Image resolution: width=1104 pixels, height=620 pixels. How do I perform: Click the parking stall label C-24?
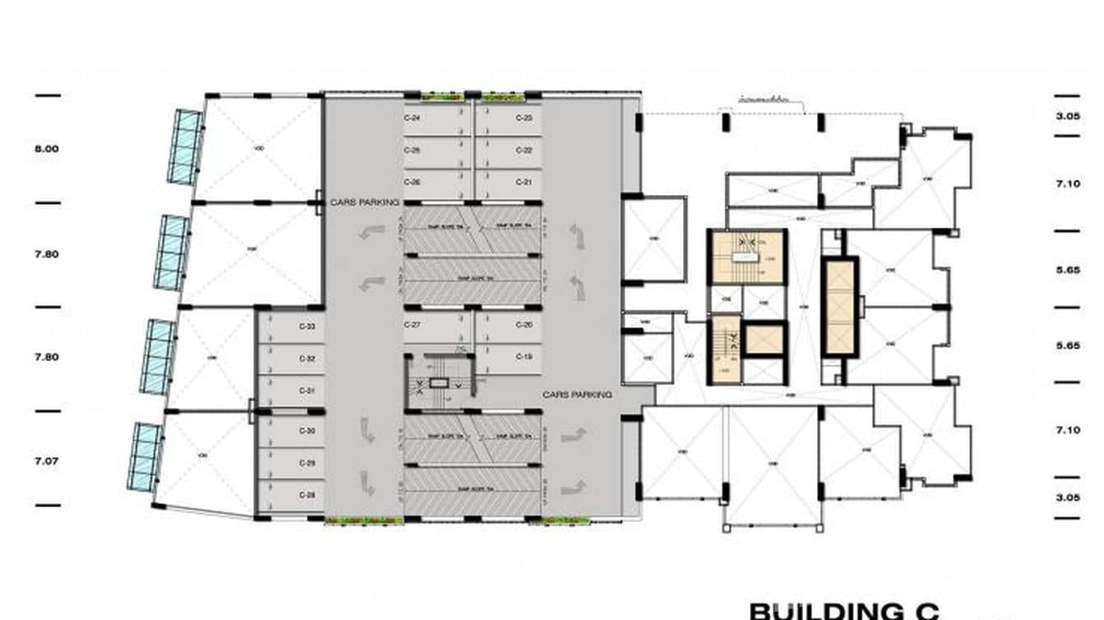tap(412, 118)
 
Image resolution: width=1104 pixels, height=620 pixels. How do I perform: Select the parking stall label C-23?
tap(524, 118)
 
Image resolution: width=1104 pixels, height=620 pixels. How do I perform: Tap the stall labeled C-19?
tap(524, 356)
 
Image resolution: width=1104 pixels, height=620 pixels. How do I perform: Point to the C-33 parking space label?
tap(307, 326)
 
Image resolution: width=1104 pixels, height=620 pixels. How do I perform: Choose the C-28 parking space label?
tap(307, 495)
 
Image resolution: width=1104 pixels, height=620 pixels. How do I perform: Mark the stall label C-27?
tap(412, 325)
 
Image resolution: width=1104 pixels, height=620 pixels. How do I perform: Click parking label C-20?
tap(524, 325)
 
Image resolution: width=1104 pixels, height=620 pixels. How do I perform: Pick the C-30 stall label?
tap(307, 431)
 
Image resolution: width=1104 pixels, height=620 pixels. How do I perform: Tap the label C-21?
tap(524, 182)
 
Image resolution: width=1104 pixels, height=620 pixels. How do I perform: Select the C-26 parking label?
tap(412, 182)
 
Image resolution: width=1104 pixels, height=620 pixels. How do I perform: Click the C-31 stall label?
tap(307, 390)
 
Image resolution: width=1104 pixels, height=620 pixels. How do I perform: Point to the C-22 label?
tap(524, 150)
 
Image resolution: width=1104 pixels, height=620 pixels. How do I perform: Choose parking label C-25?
tap(412, 150)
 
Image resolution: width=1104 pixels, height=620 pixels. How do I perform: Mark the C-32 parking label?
tap(307, 359)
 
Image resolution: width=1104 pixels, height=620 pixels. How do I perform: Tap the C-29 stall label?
tap(307, 463)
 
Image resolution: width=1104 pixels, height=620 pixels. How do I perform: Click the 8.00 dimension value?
tap(46, 149)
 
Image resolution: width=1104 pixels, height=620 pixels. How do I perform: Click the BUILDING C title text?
tap(843, 611)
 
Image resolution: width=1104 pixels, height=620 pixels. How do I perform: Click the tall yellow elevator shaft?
tap(840, 307)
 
